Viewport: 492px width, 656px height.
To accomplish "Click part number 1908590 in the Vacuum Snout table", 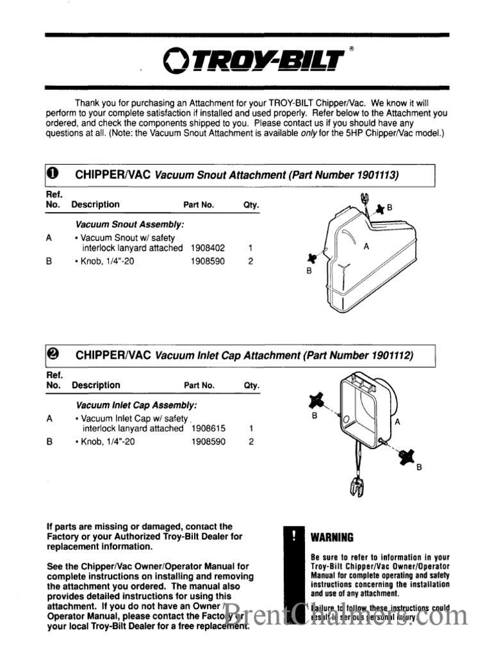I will (x=208, y=261).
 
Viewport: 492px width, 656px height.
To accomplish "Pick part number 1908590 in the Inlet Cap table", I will (x=208, y=441).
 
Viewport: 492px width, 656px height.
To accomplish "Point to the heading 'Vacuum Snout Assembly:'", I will (x=130, y=225).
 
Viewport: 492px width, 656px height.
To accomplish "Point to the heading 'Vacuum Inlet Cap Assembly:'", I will (x=136, y=406).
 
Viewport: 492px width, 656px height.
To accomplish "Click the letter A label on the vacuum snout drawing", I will (x=366, y=246).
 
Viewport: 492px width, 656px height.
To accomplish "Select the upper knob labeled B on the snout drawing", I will (x=380, y=208).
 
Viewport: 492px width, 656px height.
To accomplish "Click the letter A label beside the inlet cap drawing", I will (x=397, y=422).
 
